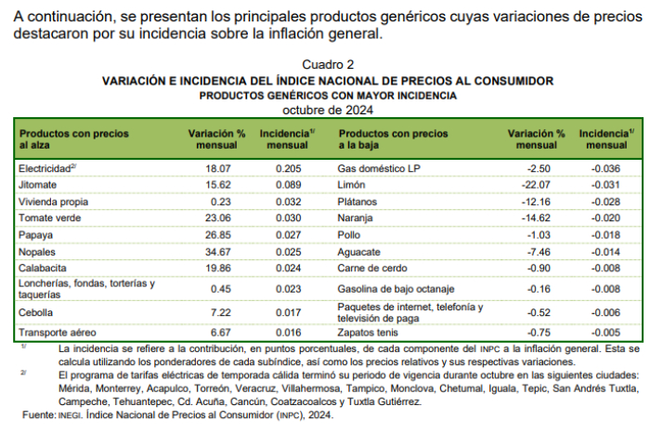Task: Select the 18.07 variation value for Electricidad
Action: pyautogui.click(x=216, y=169)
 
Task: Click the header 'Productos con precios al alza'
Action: pyautogui.click(x=76, y=139)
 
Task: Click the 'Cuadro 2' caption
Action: pyautogui.click(x=328, y=64)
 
